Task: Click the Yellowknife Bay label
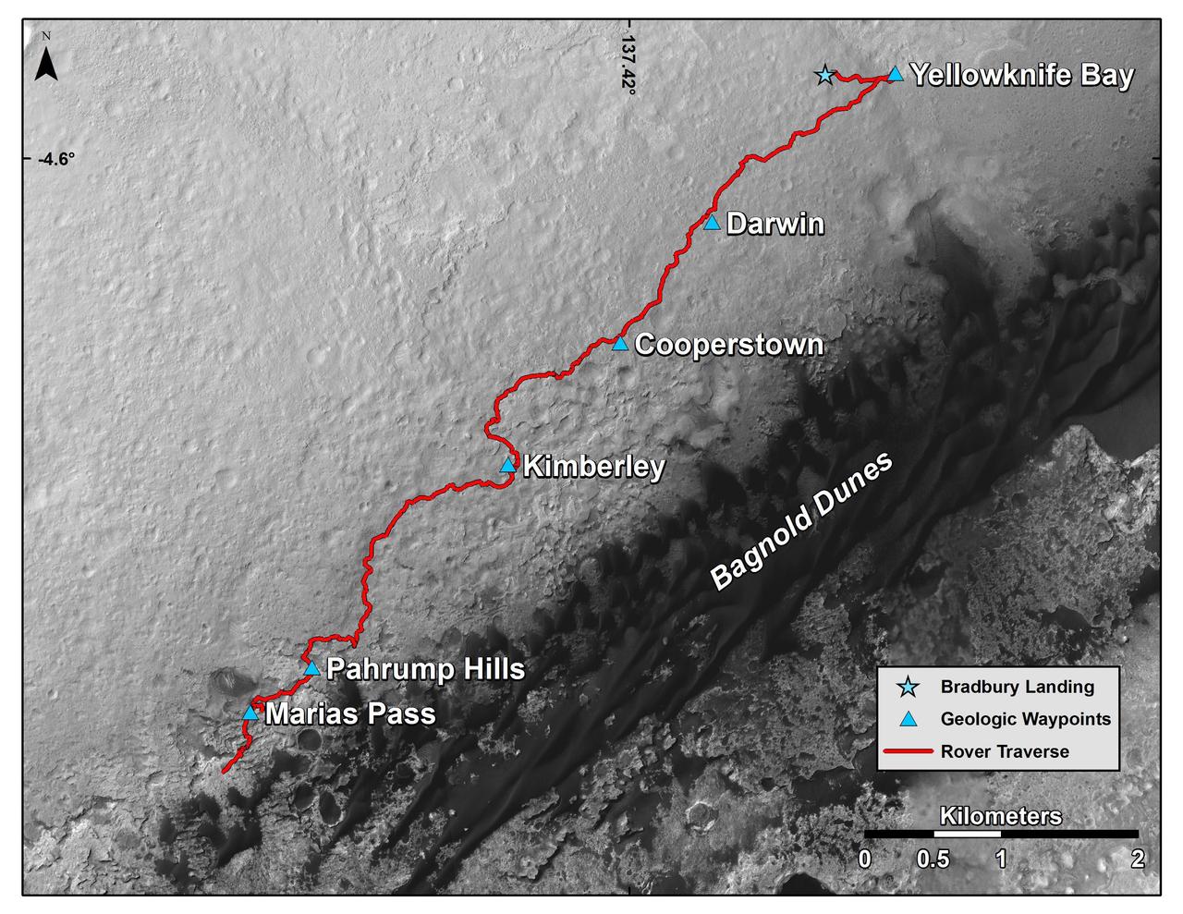1021,76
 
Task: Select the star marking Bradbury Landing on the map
824,75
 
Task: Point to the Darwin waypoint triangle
711,223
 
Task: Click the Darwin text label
774,224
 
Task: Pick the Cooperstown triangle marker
620,344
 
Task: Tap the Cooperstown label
729,345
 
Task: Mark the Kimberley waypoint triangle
507,466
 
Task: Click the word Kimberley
593,467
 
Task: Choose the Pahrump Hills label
426,669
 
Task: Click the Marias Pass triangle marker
250,713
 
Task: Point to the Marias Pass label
350,714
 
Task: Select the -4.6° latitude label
55,159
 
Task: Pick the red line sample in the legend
909,751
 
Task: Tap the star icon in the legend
909,687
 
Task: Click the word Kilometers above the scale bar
1000,816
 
